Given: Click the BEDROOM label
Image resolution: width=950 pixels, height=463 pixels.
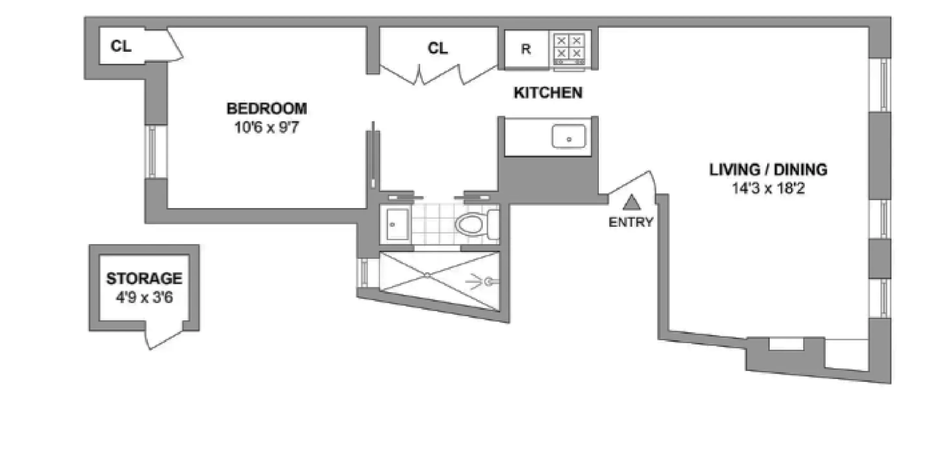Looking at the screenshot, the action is [267, 109].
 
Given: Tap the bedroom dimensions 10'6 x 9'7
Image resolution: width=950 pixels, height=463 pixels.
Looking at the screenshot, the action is [267, 128].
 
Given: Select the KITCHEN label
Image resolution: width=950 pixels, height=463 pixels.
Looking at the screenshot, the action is [548, 93].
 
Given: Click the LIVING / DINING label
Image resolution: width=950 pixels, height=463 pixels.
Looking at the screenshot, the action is [768, 170].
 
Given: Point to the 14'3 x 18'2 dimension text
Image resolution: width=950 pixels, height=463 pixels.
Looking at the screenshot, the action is [768, 189].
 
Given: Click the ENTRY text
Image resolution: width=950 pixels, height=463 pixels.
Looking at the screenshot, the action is [631, 223].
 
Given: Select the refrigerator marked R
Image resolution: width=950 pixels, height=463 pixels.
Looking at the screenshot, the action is [526, 49].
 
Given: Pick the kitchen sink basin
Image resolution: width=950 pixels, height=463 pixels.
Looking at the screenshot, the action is [569, 137].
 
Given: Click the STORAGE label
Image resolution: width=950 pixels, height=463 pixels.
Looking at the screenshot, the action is [144, 279].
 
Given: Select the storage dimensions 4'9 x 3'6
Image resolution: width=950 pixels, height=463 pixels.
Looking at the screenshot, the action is [144, 298].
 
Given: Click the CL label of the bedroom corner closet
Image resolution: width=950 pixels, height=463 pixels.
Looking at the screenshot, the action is [121, 46].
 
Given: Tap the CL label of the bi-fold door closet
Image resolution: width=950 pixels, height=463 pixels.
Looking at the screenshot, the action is [437, 49].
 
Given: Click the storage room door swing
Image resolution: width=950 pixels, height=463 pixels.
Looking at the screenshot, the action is [163, 338].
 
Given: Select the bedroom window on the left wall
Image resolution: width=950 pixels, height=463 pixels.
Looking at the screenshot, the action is [152, 152].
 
